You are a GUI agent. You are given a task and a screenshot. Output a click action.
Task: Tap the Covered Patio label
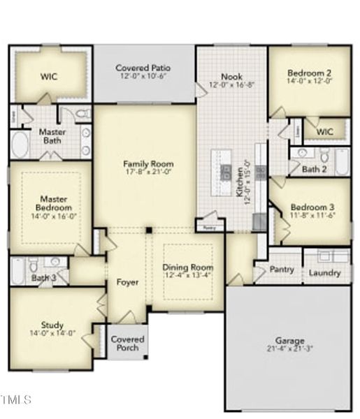point(144,68)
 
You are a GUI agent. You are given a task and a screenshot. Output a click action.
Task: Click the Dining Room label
point(187,267)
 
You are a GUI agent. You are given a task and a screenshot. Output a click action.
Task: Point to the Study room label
point(52,325)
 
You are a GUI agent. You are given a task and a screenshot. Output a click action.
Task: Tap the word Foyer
point(127,283)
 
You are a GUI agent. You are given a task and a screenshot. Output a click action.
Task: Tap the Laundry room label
point(325,273)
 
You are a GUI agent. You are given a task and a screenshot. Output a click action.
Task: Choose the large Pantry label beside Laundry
point(282,270)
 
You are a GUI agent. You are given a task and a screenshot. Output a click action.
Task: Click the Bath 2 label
point(314,169)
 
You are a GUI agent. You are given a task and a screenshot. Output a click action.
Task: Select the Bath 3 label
point(43,278)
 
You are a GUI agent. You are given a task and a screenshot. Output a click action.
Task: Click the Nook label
point(231,76)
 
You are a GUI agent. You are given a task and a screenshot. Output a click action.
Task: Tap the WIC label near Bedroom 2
point(325,132)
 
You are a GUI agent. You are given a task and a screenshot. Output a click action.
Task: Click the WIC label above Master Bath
point(48,76)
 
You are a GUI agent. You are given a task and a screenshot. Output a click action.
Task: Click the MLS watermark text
point(17,400)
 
